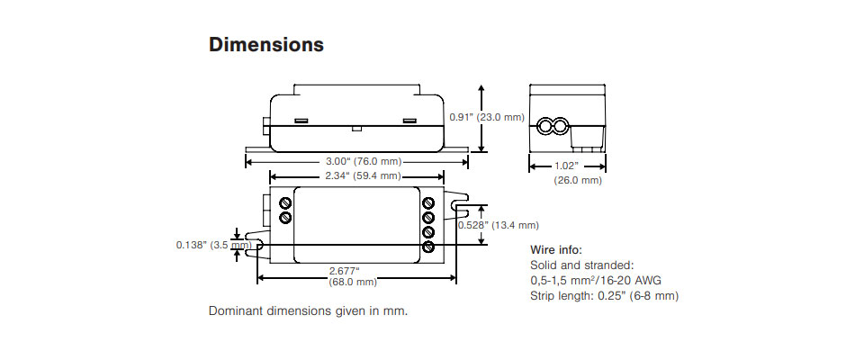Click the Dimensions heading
[265, 44]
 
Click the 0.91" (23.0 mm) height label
[486, 117]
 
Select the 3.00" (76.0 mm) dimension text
[358, 161]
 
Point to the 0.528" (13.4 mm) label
[498, 225]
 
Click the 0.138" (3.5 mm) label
[213, 244]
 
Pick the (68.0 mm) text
[353, 283]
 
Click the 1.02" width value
[566, 166]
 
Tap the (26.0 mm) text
[578, 180]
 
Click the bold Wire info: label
[557, 249]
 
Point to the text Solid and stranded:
[583, 265]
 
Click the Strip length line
[605, 295]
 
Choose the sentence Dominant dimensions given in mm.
[309, 311]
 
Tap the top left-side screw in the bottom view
[285, 202]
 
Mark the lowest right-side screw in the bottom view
[428, 247]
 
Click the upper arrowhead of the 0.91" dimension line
[482, 89]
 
